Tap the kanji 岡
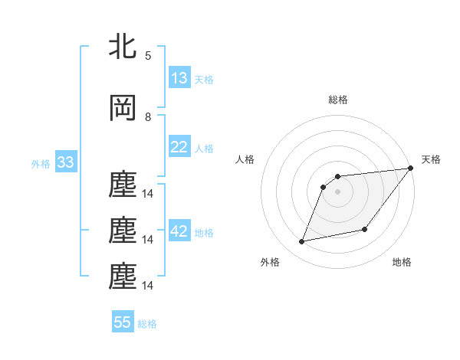pyautogui.click(x=123, y=108)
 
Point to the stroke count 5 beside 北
pyautogui.click(x=148, y=55)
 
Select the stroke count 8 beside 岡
pyautogui.click(x=148, y=117)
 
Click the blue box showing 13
pyautogui.click(x=179, y=78)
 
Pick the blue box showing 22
pyautogui.click(x=179, y=147)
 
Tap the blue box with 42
pyautogui.click(x=179, y=232)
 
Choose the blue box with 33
pyautogui.click(x=64, y=162)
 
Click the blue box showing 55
pyautogui.click(x=123, y=322)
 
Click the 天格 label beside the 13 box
pyautogui.click(x=204, y=79)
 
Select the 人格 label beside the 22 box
pyautogui.click(x=204, y=148)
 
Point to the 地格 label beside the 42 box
pyautogui.click(x=204, y=233)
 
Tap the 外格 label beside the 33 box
pyautogui.click(x=41, y=163)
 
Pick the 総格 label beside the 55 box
pyautogui.click(x=147, y=323)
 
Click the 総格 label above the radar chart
pyautogui.click(x=337, y=100)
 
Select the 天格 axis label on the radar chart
pyautogui.click(x=431, y=159)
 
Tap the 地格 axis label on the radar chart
pyautogui.click(x=402, y=262)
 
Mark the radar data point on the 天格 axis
pyautogui.click(x=410, y=169)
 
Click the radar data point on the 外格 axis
pyautogui.click(x=302, y=242)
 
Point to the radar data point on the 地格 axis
pyautogui.click(x=366, y=230)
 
